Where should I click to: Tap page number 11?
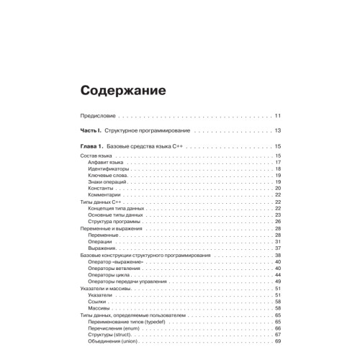(x=278, y=114)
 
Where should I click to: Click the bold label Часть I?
(x=91, y=130)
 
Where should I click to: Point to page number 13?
(x=278, y=130)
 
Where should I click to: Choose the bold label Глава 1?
(x=92, y=147)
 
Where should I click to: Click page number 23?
(x=278, y=215)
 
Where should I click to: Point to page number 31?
(x=278, y=241)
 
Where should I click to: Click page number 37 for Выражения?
(x=278, y=248)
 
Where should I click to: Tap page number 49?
(x=278, y=281)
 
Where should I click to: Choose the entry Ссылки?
(x=98, y=301)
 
